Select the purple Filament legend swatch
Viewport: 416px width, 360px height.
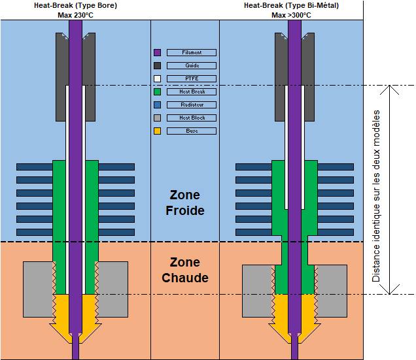pyautogui.click(x=157, y=52)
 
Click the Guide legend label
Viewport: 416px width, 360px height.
pyautogui.click(x=191, y=65)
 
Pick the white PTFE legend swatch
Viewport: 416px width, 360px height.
pyautogui.click(x=157, y=78)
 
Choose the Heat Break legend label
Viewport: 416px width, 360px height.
pyautogui.click(x=191, y=91)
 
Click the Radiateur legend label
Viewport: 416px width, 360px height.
pyautogui.click(x=191, y=105)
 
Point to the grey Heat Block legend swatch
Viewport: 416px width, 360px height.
pyautogui.click(x=157, y=118)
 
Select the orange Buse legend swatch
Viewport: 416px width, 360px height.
pyautogui.click(x=157, y=131)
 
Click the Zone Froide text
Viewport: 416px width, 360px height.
pyautogui.click(x=184, y=203)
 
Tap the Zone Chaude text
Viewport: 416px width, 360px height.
pyautogui.click(x=184, y=270)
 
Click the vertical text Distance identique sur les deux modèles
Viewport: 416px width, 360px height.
pyautogui.click(x=376, y=196)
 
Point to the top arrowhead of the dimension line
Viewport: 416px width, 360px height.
pyautogui.click(x=391, y=89)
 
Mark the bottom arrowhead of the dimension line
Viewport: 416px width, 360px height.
pyautogui.click(x=391, y=291)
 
